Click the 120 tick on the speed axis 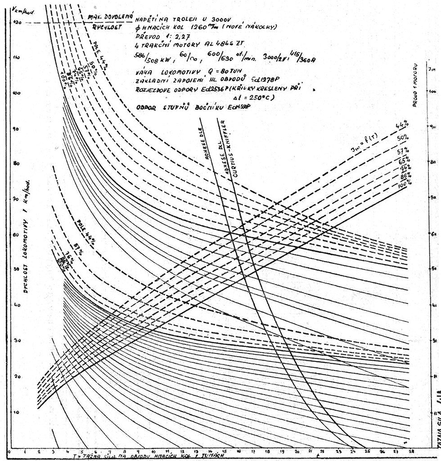[x=17, y=22]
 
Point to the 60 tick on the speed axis [x=17, y=234]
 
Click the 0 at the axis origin [x=9, y=451]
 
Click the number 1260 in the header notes [x=202, y=27]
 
